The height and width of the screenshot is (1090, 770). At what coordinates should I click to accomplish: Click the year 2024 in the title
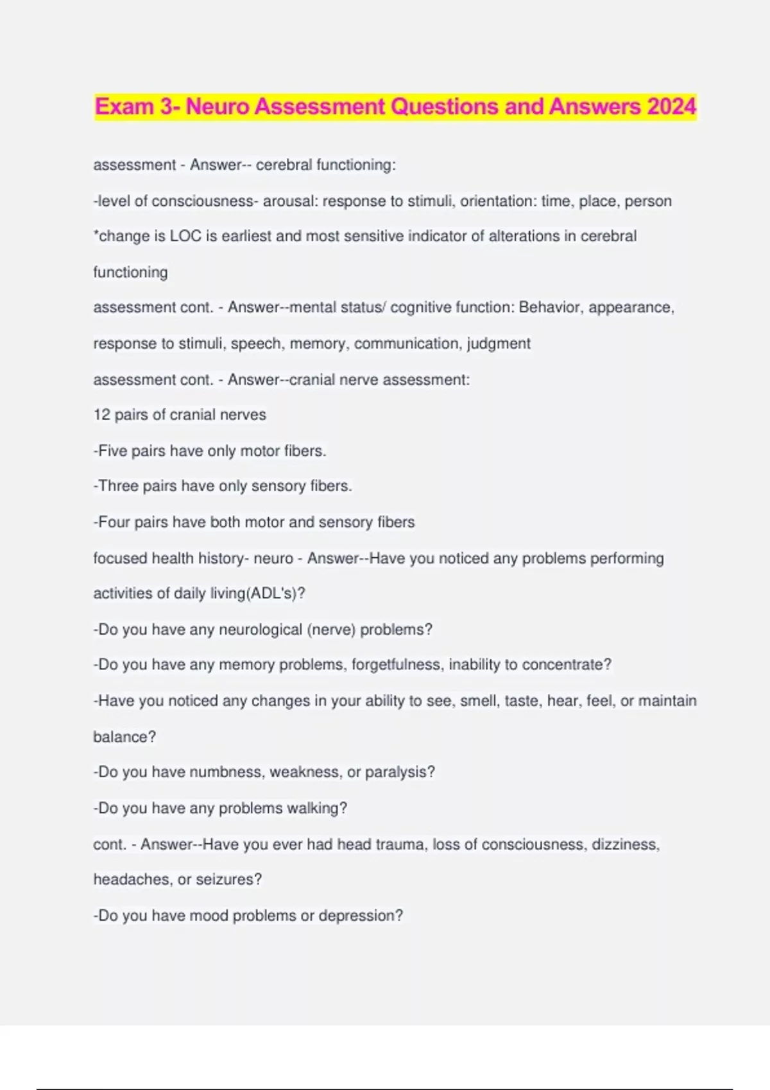tap(671, 106)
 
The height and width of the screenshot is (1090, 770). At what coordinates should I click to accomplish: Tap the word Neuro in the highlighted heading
tap(218, 106)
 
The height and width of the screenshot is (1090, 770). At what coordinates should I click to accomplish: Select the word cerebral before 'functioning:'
tap(284, 165)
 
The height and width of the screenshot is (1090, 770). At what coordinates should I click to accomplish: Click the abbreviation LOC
tap(185, 236)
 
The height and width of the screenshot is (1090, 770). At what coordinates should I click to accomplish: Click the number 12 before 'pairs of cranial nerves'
tap(102, 415)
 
